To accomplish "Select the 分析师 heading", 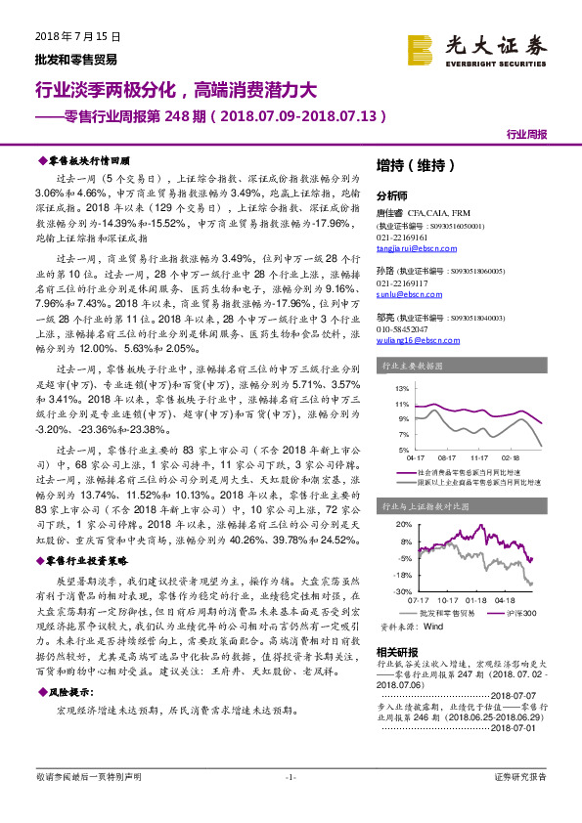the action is (x=393, y=195).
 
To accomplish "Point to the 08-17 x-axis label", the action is (x=448, y=456).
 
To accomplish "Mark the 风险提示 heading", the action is (x=70, y=690).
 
